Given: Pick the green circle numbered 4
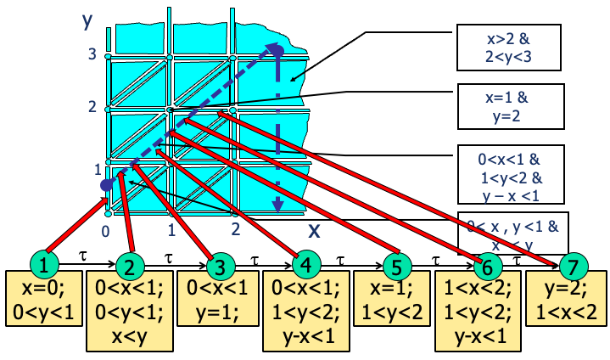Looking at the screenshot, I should coord(306,265).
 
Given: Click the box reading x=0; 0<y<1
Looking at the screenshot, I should coord(43,299).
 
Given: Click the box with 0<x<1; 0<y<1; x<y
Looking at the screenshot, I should coord(130,312).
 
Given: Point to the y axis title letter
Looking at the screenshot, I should coord(87,20).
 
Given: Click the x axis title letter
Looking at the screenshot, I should coord(314,229).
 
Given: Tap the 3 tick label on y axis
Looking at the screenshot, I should coord(92,55).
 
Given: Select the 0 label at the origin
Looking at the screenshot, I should coord(105,231).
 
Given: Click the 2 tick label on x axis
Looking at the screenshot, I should coord(235,228).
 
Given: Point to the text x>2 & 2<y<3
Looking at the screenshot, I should coord(509,48).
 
